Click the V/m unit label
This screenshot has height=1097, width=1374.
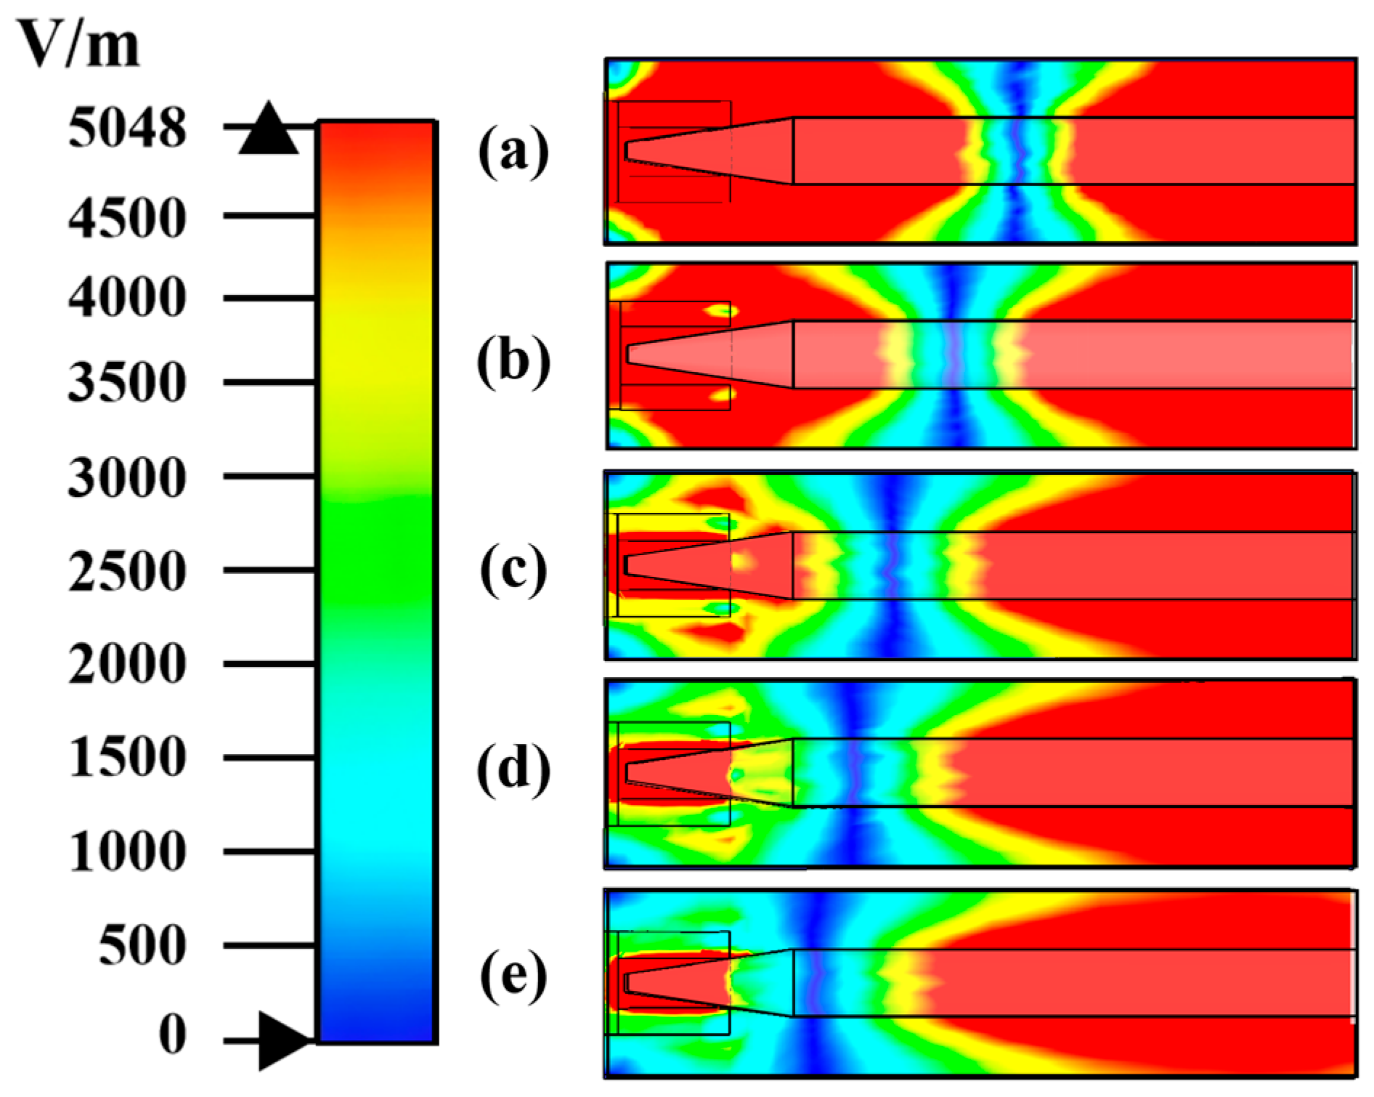(x=78, y=45)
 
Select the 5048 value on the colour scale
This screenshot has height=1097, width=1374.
(x=127, y=129)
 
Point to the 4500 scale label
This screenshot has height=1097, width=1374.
(x=127, y=217)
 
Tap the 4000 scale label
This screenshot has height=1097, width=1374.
(x=127, y=297)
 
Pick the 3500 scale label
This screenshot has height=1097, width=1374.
(x=127, y=382)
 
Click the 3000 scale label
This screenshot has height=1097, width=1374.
(x=127, y=477)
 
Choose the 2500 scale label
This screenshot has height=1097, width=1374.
(x=127, y=570)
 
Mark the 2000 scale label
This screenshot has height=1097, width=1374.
(x=127, y=663)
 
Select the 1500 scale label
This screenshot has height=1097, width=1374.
(x=127, y=757)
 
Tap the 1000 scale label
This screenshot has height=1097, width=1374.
(x=127, y=851)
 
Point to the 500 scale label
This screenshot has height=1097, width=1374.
(x=142, y=945)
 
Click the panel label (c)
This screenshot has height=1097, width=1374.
(x=513, y=570)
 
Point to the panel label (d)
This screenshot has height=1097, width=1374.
(x=513, y=769)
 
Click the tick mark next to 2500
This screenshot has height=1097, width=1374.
(x=269, y=570)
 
